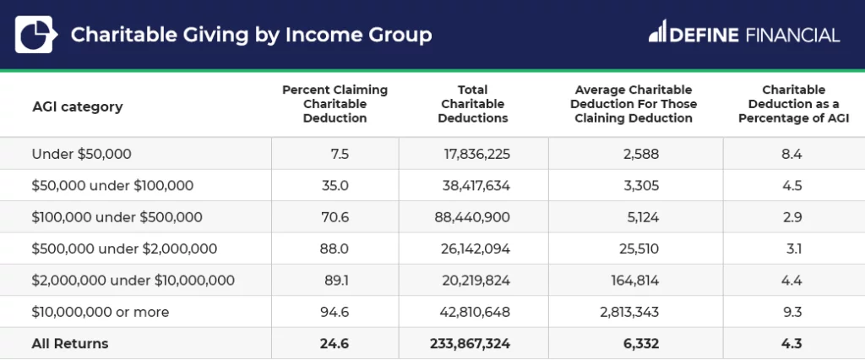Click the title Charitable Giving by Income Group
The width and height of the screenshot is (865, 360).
click(x=251, y=35)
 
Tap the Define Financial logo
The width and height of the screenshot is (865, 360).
click(x=744, y=35)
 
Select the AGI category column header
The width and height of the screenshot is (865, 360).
click(x=77, y=106)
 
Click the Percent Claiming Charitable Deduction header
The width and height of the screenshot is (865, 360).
click(x=335, y=104)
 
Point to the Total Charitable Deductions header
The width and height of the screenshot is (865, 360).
click(x=472, y=104)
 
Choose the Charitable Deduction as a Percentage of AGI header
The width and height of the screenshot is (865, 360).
click(x=792, y=104)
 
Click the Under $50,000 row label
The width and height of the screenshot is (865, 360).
click(x=81, y=154)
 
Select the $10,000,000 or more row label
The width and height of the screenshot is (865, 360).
click(x=100, y=312)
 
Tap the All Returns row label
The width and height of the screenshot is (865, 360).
click(x=70, y=344)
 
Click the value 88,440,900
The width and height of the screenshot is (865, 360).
click(x=471, y=217)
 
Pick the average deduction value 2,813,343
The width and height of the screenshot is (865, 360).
click(x=627, y=312)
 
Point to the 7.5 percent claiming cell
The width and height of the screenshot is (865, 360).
click(x=340, y=154)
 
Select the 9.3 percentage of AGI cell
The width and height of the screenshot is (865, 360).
click(x=792, y=312)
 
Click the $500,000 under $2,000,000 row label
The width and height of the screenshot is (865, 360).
click(x=124, y=248)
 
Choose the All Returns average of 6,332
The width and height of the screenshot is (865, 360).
click(x=642, y=344)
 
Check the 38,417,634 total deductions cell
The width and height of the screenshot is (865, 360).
click(x=476, y=186)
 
